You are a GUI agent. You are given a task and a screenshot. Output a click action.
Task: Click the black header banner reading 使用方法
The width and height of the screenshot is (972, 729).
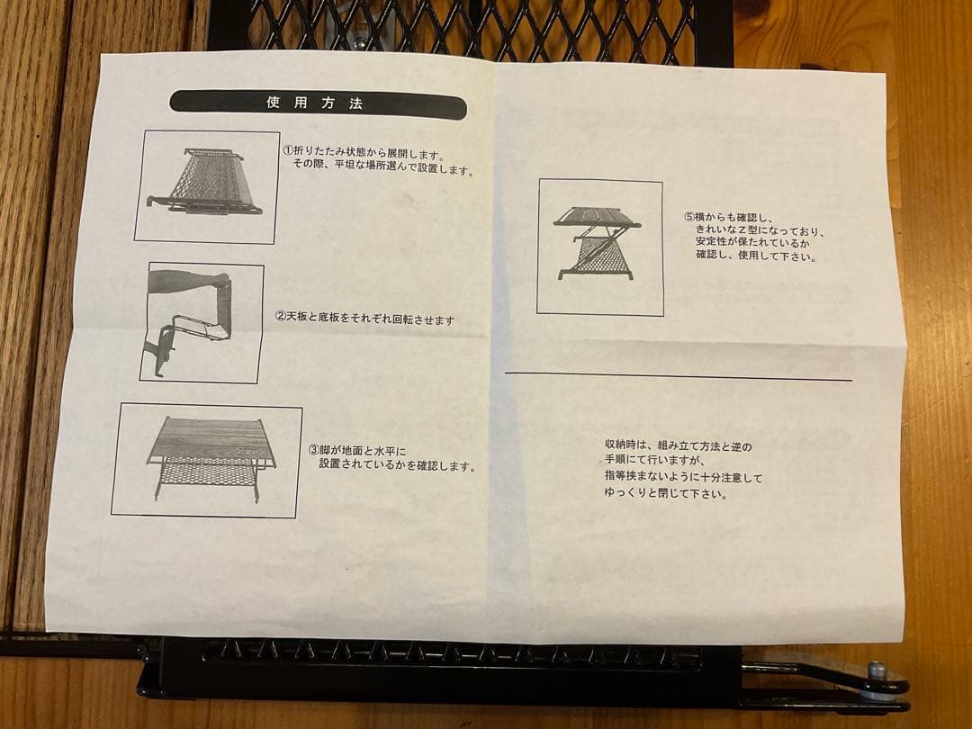point(317,103)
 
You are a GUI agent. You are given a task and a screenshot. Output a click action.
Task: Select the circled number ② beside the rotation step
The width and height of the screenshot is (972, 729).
point(280,318)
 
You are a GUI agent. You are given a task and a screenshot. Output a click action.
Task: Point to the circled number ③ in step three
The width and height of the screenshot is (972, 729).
point(313,450)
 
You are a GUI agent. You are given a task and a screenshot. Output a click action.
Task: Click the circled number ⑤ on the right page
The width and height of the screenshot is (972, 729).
point(688,217)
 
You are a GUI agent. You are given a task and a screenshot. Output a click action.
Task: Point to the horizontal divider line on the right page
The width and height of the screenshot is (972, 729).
point(678,376)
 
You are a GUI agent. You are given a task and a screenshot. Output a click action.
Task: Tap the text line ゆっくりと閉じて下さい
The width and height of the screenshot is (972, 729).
point(666,493)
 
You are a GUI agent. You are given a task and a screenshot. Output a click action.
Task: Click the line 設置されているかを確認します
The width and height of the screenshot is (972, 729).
point(397,466)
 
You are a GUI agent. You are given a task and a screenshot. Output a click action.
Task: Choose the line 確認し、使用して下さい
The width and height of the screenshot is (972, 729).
point(755,256)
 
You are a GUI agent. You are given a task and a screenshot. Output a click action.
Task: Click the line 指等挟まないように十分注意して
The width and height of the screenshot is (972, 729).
point(683,477)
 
